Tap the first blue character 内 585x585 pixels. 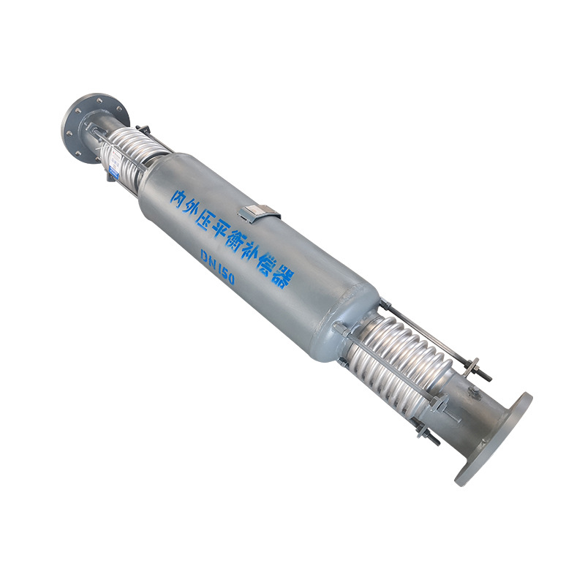(x=178, y=196)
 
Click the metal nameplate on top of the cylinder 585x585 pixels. (x=262, y=213)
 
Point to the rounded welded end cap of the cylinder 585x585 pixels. (x=351, y=322)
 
